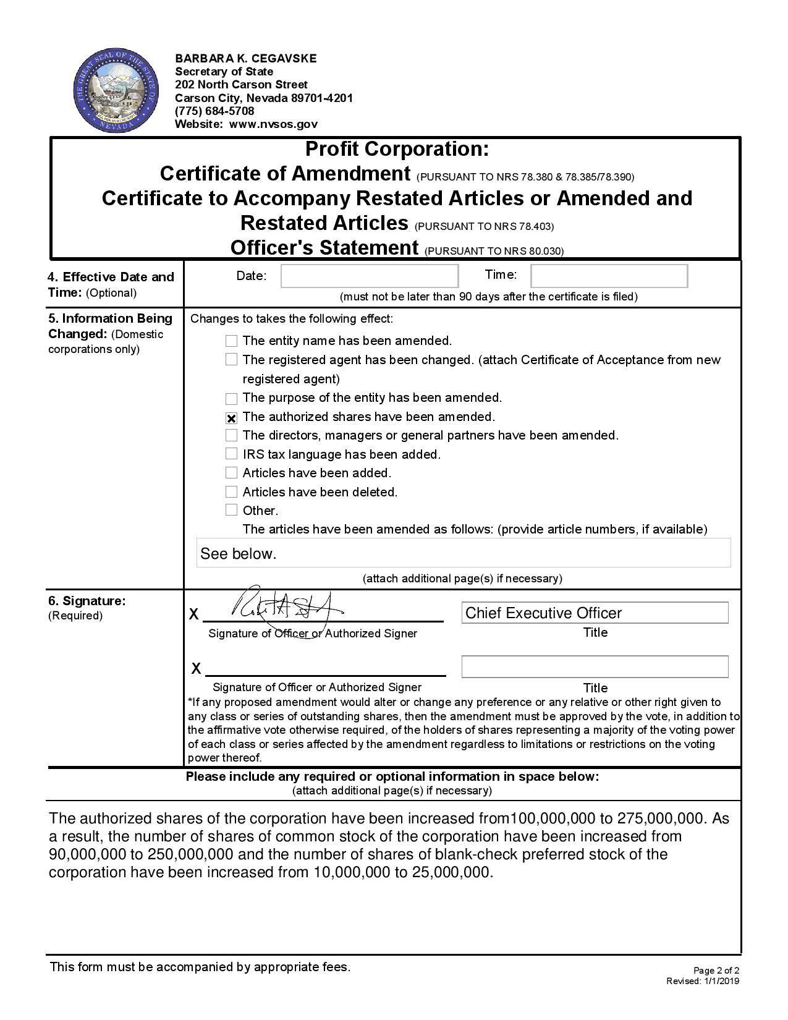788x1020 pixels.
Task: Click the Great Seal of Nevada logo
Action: coord(116,92)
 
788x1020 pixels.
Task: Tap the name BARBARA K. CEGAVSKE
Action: coord(245,58)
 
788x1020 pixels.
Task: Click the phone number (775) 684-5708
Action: coord(214,111)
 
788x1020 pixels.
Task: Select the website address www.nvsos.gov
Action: coord(273,124)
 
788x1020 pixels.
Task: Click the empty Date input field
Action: coord(369,276)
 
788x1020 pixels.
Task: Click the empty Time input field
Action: coord(609,276)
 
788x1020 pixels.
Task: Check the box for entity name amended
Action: coord(231,341)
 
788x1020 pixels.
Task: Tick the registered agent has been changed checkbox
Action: coord(231,359)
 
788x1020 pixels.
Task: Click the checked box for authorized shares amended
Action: coord(231,417)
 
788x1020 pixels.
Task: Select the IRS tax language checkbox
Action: coord(231,454)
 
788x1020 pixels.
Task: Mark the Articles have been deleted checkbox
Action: coord(231,492)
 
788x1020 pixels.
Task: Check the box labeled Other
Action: coord(231,510)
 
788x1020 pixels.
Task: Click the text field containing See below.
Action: coord(463,553)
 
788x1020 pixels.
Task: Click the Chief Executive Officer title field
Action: coord(595,613)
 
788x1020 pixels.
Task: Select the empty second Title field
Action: coord(595,666)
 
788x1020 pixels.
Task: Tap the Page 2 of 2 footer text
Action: coord(716,970)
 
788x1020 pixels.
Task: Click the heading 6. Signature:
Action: coord(87,600)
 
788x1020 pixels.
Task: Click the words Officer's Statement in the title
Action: coord(324,247)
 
